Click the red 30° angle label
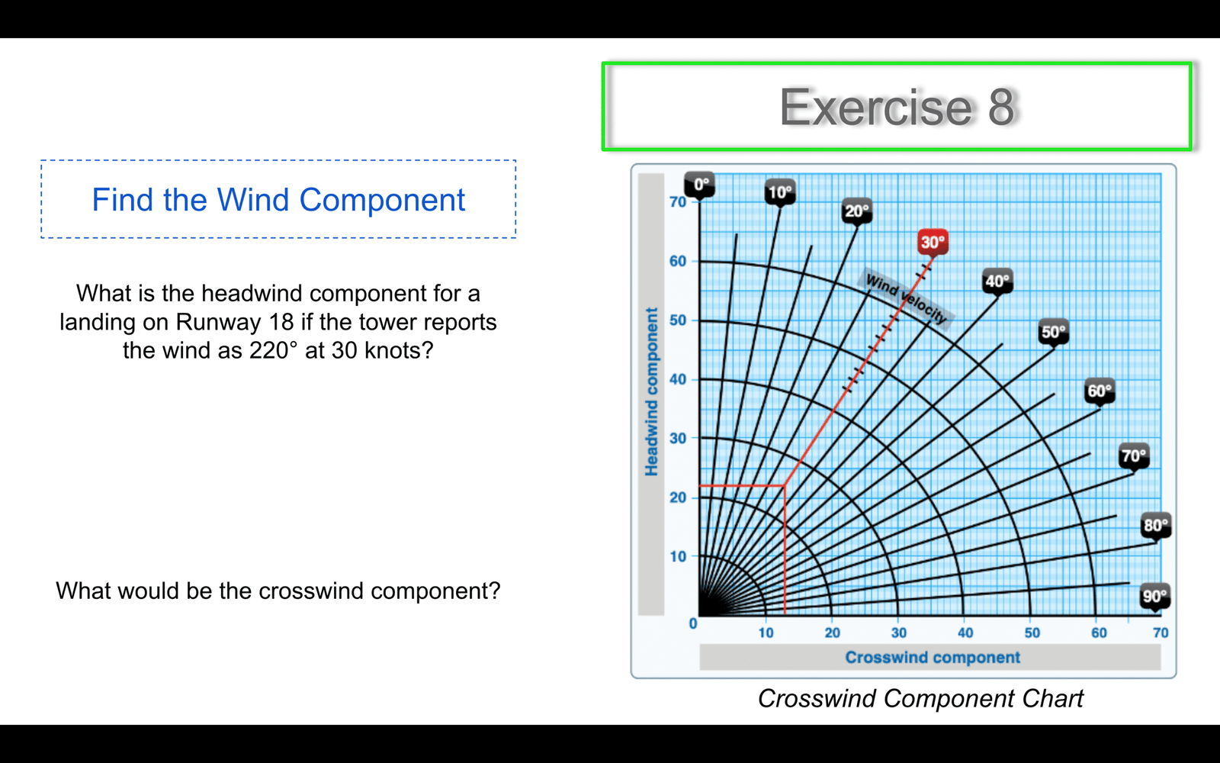click(x=933, y=242)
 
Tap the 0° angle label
click(x=700, y=184)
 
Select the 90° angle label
click(x=1154, y=596)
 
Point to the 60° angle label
click(x=1100, y=391)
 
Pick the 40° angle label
click(x=997, y=282)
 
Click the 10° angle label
click(x=780, y=192)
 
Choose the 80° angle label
click(x=1156, y=525)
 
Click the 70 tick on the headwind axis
click(x=678, y=202)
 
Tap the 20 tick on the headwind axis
click(x=678, y=497)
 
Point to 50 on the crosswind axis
click(x=1032, y=633)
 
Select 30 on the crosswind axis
click(x=899, y=633)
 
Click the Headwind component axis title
click(x=651, y=391)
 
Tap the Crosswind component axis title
click(x=933, y=657)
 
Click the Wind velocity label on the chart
click(x=906, y=299)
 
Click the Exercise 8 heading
click(x=897, y=107)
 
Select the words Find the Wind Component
click(x=278, y=199)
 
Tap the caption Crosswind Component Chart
click(x=920, y=699)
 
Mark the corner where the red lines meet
click(x=785, y=485)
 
